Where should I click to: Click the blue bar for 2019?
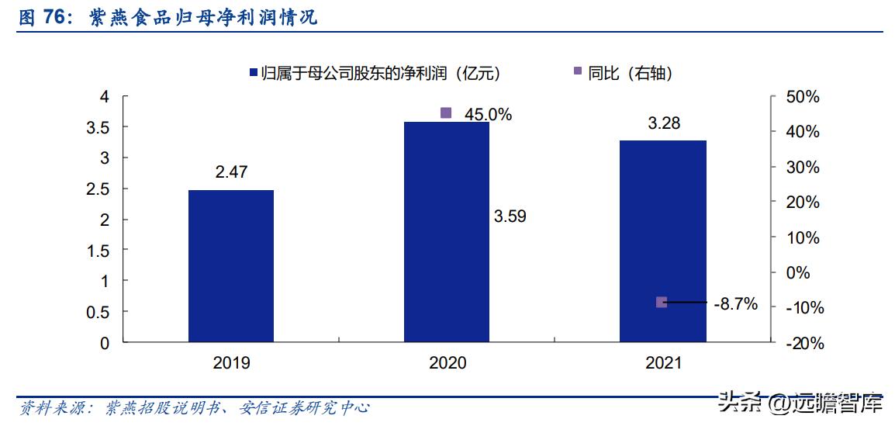coord(231,265)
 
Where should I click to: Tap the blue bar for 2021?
coord(662,241)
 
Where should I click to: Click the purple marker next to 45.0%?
coord(446,113)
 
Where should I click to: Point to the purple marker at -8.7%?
coord(662,302)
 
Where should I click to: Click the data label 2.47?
coord(231,172)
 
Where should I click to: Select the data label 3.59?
coord(510,216)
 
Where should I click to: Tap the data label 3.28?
coord(664,123)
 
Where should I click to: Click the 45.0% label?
coord(488,114)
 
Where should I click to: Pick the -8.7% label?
coord(735,305)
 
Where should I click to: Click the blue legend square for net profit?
coord(252,73)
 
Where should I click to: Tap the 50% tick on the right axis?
coord(802,97)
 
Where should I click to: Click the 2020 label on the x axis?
coord(447,363)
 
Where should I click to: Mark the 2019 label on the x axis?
coord(231,363)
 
